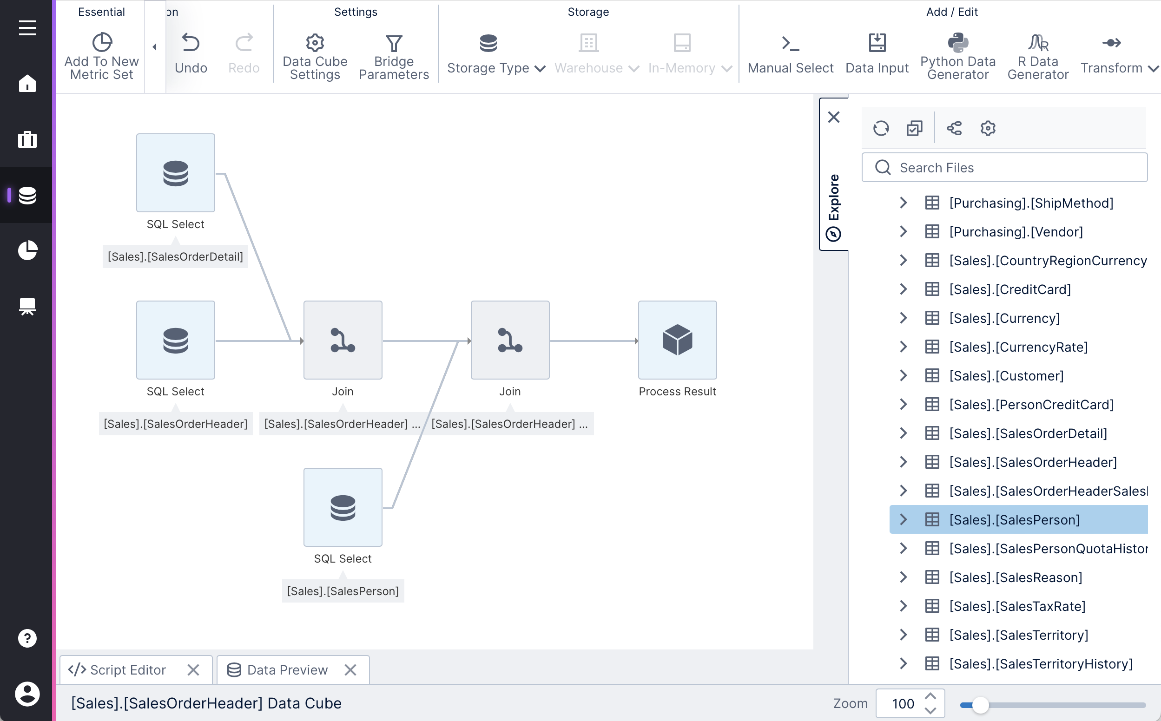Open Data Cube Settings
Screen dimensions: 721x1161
(x=315, y=54)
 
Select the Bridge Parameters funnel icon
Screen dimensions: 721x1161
(x=394, y=43)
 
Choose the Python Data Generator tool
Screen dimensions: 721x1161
(x=957, y=54)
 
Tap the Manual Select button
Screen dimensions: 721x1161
(x=790, y=54)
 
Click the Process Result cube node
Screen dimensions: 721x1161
(x=677, y=340)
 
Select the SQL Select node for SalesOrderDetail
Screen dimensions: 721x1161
(x=176, y=173)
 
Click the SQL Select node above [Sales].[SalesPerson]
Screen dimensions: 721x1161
(x=343, y=507)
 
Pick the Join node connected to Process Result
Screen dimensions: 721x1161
(x=510, y=340)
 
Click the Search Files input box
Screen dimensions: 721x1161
(x=1011, y=167)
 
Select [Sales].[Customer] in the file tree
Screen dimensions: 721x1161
(x=1006, y=376)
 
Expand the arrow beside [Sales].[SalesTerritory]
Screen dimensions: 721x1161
(x=903, y=635)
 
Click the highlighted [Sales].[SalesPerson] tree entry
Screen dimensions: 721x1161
(x=1014, y=520)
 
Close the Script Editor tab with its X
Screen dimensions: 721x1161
(x=193, y=670)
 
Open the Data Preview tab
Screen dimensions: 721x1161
(x=287, y=670)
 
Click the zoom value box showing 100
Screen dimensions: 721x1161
(x=903, y=703)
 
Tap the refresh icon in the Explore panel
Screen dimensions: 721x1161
(x=881, y=128)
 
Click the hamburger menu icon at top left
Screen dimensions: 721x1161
(x=27, y=28)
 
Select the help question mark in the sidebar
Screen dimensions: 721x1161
(x=27, y=638)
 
